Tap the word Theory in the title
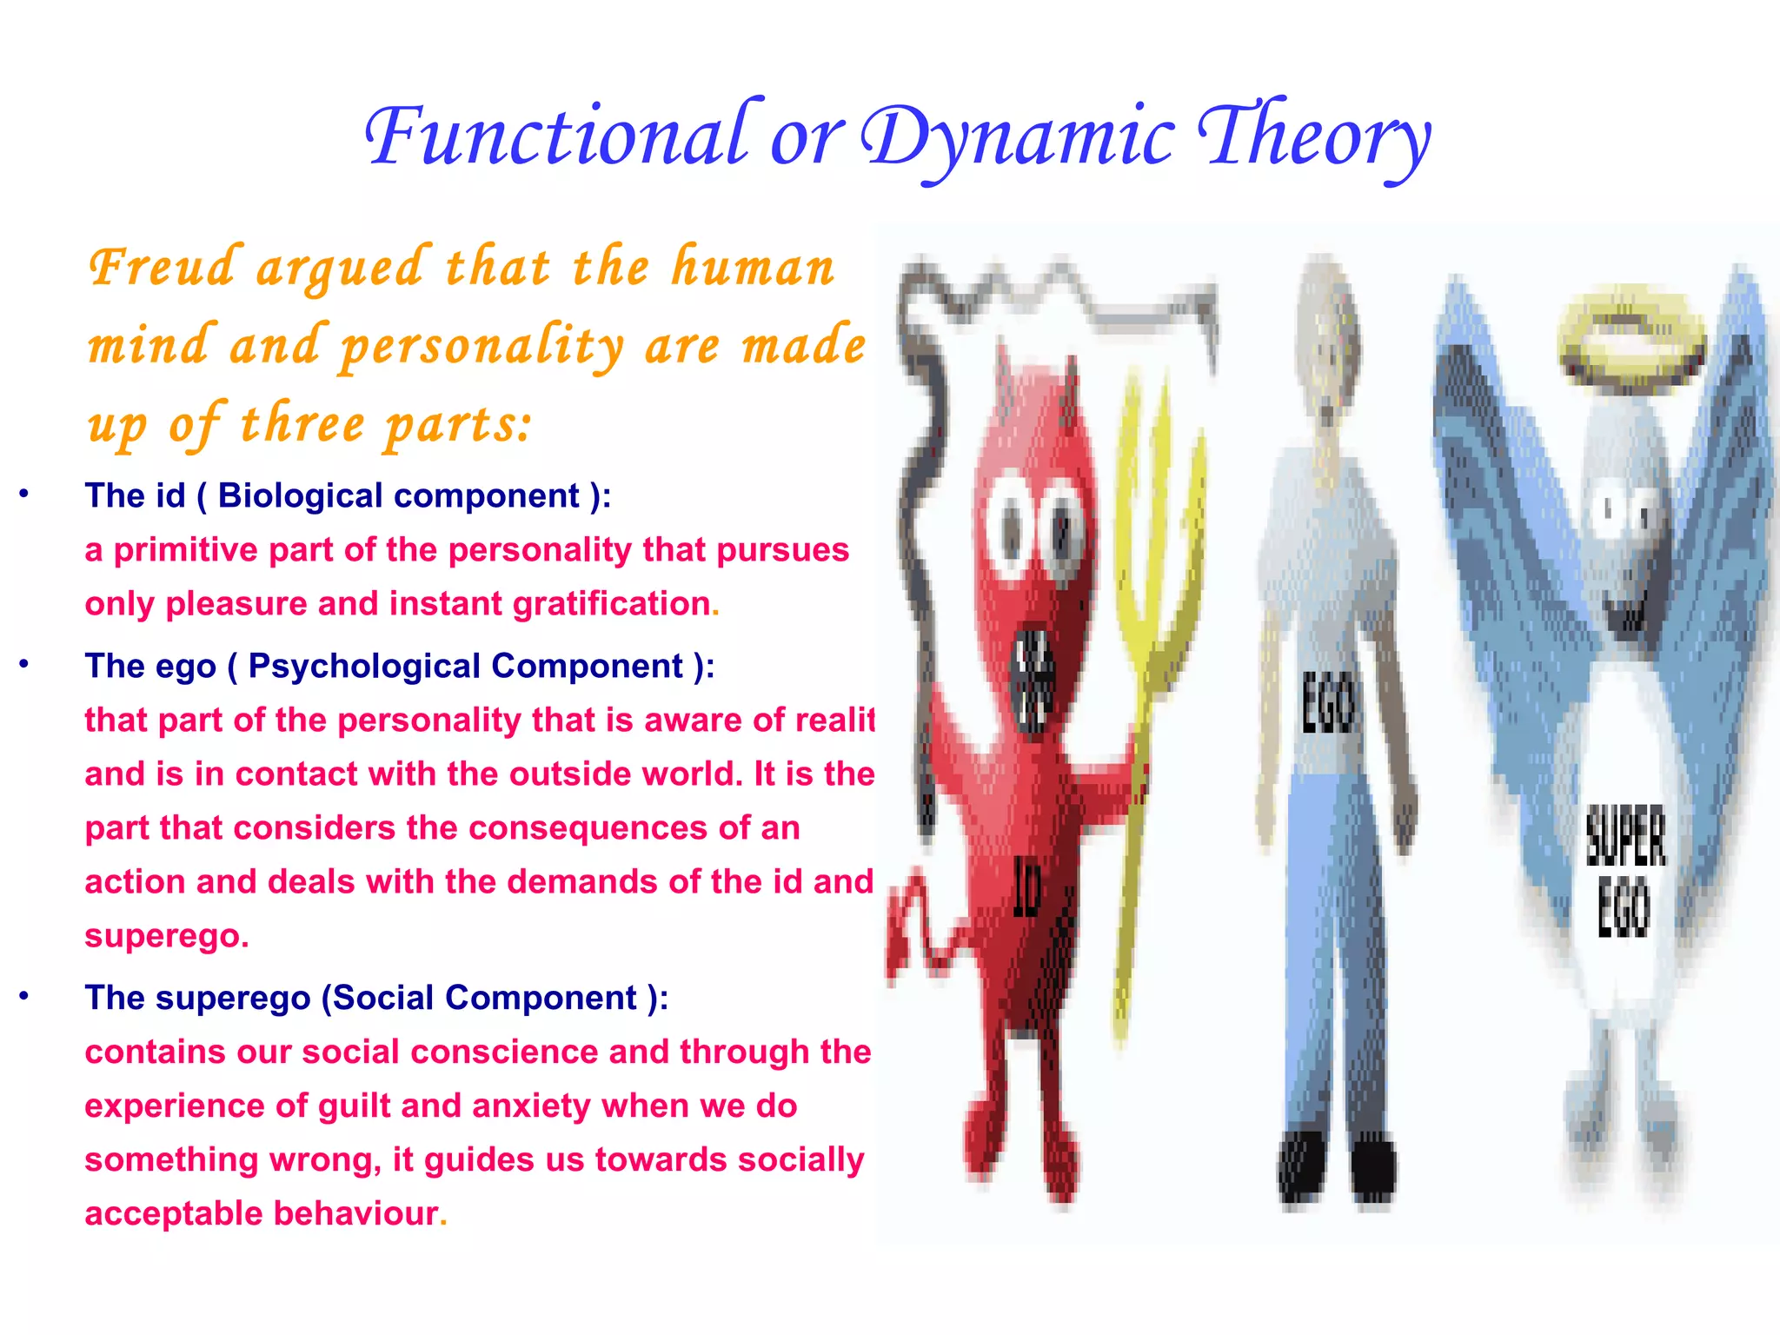(1312, 136)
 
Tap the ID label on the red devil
(1026, 887)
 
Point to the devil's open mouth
(1034, 682)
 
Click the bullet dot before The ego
(24, 665)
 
